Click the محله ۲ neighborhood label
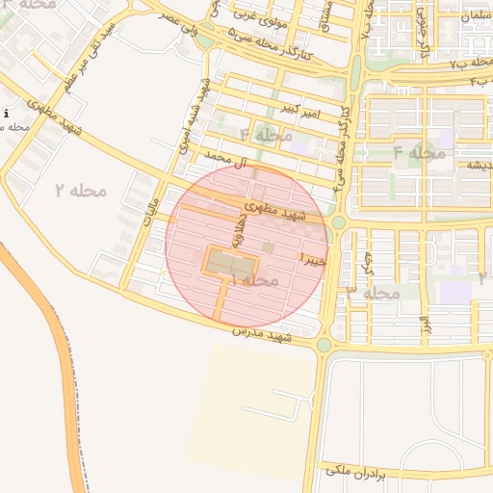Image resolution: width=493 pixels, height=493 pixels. tap(79, 190)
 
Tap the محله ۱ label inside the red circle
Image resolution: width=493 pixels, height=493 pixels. tap(253, 279)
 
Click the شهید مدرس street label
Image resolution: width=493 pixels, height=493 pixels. tap(262, 336)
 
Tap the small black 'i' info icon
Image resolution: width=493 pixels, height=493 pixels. tap(6, 114)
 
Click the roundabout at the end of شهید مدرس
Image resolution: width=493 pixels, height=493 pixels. tap(324, 345)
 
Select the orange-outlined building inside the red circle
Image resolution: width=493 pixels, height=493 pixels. tap(232, 262)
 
